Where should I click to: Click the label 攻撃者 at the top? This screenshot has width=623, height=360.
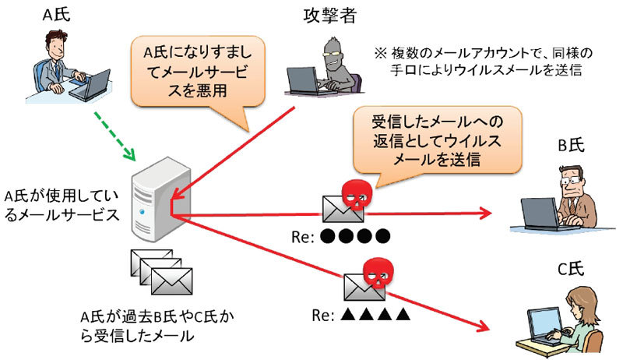pyautogui.click(x=326, y=12)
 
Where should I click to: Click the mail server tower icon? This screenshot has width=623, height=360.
pyautogui.click(x=152, y=198)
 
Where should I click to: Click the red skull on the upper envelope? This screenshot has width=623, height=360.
pyautogui.click(x=355, y=192)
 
